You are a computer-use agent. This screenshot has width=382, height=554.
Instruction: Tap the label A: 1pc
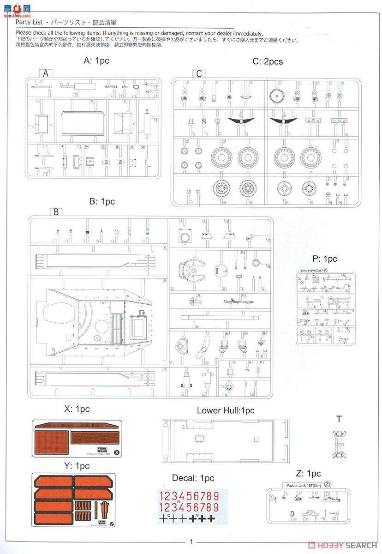pyautogui.click(x=96, y=60)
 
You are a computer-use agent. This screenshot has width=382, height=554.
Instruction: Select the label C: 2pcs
pyautogui.click(x=268, y=61)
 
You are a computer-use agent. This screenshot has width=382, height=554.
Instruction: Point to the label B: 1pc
pyautogui.click(x=102, y=201)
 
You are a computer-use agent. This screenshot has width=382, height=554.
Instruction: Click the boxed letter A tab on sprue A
pyautogui.click(x=45, y=73)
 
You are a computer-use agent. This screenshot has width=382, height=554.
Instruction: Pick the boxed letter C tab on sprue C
pyautogui.click(x=199, y=74)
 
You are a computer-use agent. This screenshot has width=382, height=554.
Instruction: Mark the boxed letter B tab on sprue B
pyautogui.click(x=55, y=212)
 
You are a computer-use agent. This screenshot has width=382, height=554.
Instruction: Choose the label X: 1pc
pyautogui.click(x=77, y=409)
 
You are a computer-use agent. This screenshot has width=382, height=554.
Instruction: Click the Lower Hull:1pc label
pyautogui.click(x=225, y=410)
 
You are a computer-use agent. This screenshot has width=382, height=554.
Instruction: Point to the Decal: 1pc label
pyautogui.click(x=193, y=478)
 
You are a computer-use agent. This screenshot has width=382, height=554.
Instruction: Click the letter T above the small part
pyautogui.click(x=339, y=419)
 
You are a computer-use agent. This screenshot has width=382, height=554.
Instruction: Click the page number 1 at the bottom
pyautogui.click(x=191, y=542)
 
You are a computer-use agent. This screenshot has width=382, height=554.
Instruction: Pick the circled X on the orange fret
pyautogui.click(x=117, y=453)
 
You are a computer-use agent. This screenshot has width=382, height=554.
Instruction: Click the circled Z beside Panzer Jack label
pyautogui.click(x=327, y=484)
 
